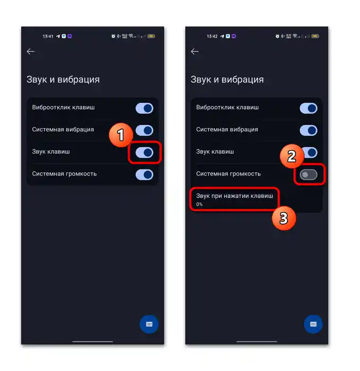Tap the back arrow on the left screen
click(x=31, y=51)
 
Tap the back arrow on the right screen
click(x=194, y=51)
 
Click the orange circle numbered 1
click(x=121, y=135)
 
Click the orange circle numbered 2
click(x=292, y=156)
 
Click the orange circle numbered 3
click(x=284, y=218)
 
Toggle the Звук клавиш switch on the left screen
click(x=145, y=153)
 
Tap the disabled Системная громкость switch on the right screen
click(x=309, y=175)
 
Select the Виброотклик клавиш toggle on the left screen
click(x=145, y=108)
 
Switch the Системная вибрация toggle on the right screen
click(x=309, y=130)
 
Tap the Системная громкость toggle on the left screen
click(x=145, y=175)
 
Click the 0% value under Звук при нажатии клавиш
click(x=199, y=204)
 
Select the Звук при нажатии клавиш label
click(x=235, y=196)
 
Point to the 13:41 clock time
click(x=48, y=36)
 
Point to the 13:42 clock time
click(x=212, y=36)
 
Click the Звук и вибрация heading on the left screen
click(x=63, y=79)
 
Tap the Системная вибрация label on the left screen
click(x=63, y=129)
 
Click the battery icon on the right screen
click(x=315, y=36)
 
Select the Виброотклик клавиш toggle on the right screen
click(x=309, y=108)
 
